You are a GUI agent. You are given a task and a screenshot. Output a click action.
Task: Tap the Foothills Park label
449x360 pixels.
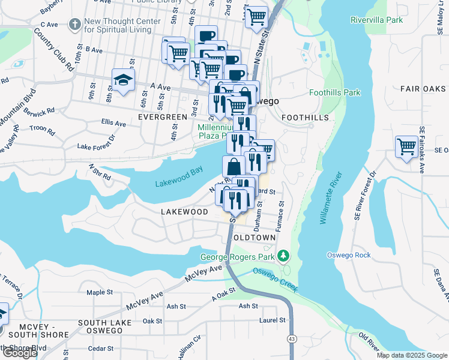pos(334,92)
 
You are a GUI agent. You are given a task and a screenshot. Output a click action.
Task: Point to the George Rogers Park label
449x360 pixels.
pos(238,257)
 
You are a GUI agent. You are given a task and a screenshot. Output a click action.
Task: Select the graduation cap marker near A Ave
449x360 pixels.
pos(123,80)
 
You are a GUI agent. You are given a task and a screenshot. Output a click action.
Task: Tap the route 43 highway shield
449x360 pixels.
pos(291,340)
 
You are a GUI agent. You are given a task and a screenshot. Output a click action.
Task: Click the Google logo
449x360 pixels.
pos(20,353)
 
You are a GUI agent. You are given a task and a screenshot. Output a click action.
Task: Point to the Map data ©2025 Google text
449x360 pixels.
pos(412,355)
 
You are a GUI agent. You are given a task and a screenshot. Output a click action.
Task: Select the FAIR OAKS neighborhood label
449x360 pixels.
pos(427,89)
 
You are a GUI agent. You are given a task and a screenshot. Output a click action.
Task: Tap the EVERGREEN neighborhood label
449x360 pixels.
pos(163,117)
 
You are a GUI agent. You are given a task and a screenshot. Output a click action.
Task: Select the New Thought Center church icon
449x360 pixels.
pos(74,25)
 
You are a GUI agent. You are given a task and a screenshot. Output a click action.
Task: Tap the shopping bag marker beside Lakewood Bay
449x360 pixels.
pos(234,166)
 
